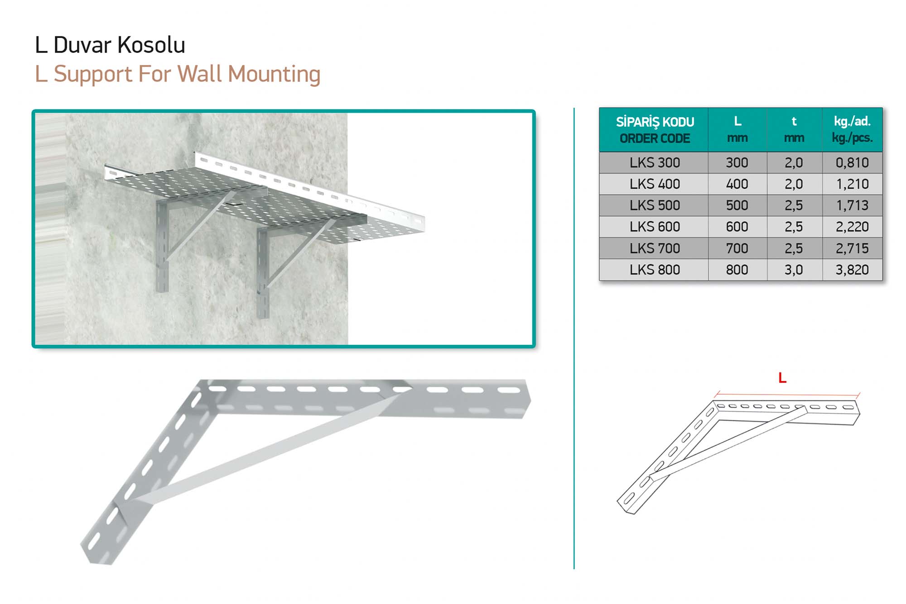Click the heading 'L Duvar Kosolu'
point(110,45)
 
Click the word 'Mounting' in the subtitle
point(274,74)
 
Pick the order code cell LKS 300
point(655,162)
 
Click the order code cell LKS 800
point(655,270)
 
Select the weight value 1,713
point(852,205)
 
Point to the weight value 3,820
point(852,270)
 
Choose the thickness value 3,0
point(794,270)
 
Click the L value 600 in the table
point(737,227)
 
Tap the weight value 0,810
point(852,162)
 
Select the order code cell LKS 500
point(655,205)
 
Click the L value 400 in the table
point(737,184)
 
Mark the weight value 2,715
point(852,248)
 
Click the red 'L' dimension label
point(782,378)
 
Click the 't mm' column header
point(794,129)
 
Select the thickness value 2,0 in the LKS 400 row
point(794,184)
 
